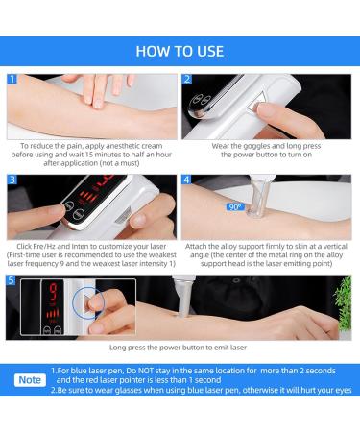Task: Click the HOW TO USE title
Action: point(180,50)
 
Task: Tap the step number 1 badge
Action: point(13,79)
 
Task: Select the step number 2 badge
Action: point(188,79)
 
